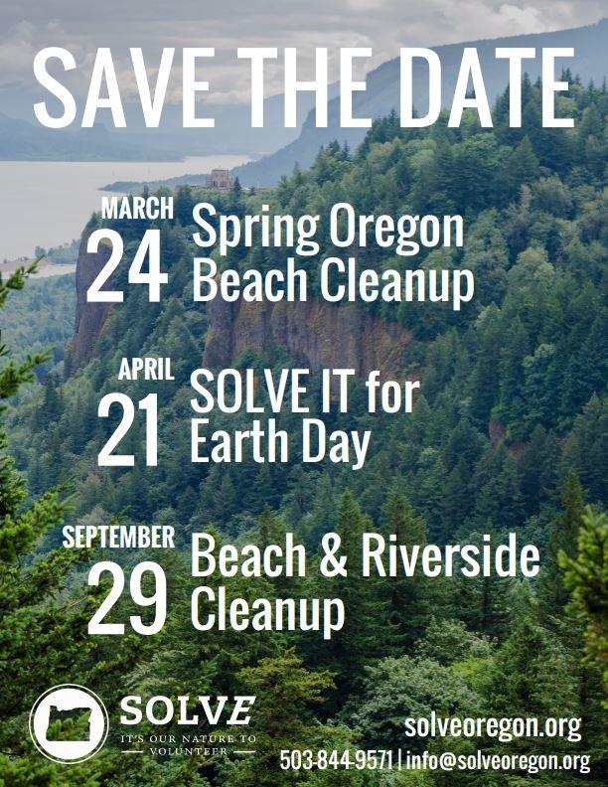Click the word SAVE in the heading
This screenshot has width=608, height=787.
(124, 88)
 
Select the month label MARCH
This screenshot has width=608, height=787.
(137, 208)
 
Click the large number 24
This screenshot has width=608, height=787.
(127, 266)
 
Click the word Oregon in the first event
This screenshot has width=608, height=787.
(396, 229)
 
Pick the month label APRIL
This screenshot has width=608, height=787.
(146, 369)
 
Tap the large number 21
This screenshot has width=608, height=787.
(129, 429)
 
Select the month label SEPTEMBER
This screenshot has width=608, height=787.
(118, 537)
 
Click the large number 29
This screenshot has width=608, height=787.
(127, 597)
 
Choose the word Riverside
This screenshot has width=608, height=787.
(450, 554)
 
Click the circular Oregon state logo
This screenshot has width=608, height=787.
(70, 723)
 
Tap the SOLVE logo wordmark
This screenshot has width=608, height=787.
(187, 710)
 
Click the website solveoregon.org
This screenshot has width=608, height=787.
(493, 725)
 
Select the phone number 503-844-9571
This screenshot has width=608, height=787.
(336, 760)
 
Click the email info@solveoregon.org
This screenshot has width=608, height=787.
(498, 761)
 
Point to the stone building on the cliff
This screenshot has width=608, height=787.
(220, 179)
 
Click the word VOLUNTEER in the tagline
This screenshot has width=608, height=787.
(188, 751)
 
